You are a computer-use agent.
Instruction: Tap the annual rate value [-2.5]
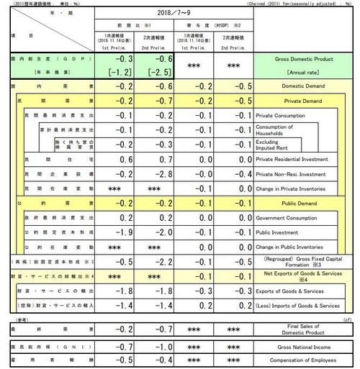coord(159,72)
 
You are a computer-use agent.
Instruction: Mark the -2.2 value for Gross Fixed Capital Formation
coord(159,261)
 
